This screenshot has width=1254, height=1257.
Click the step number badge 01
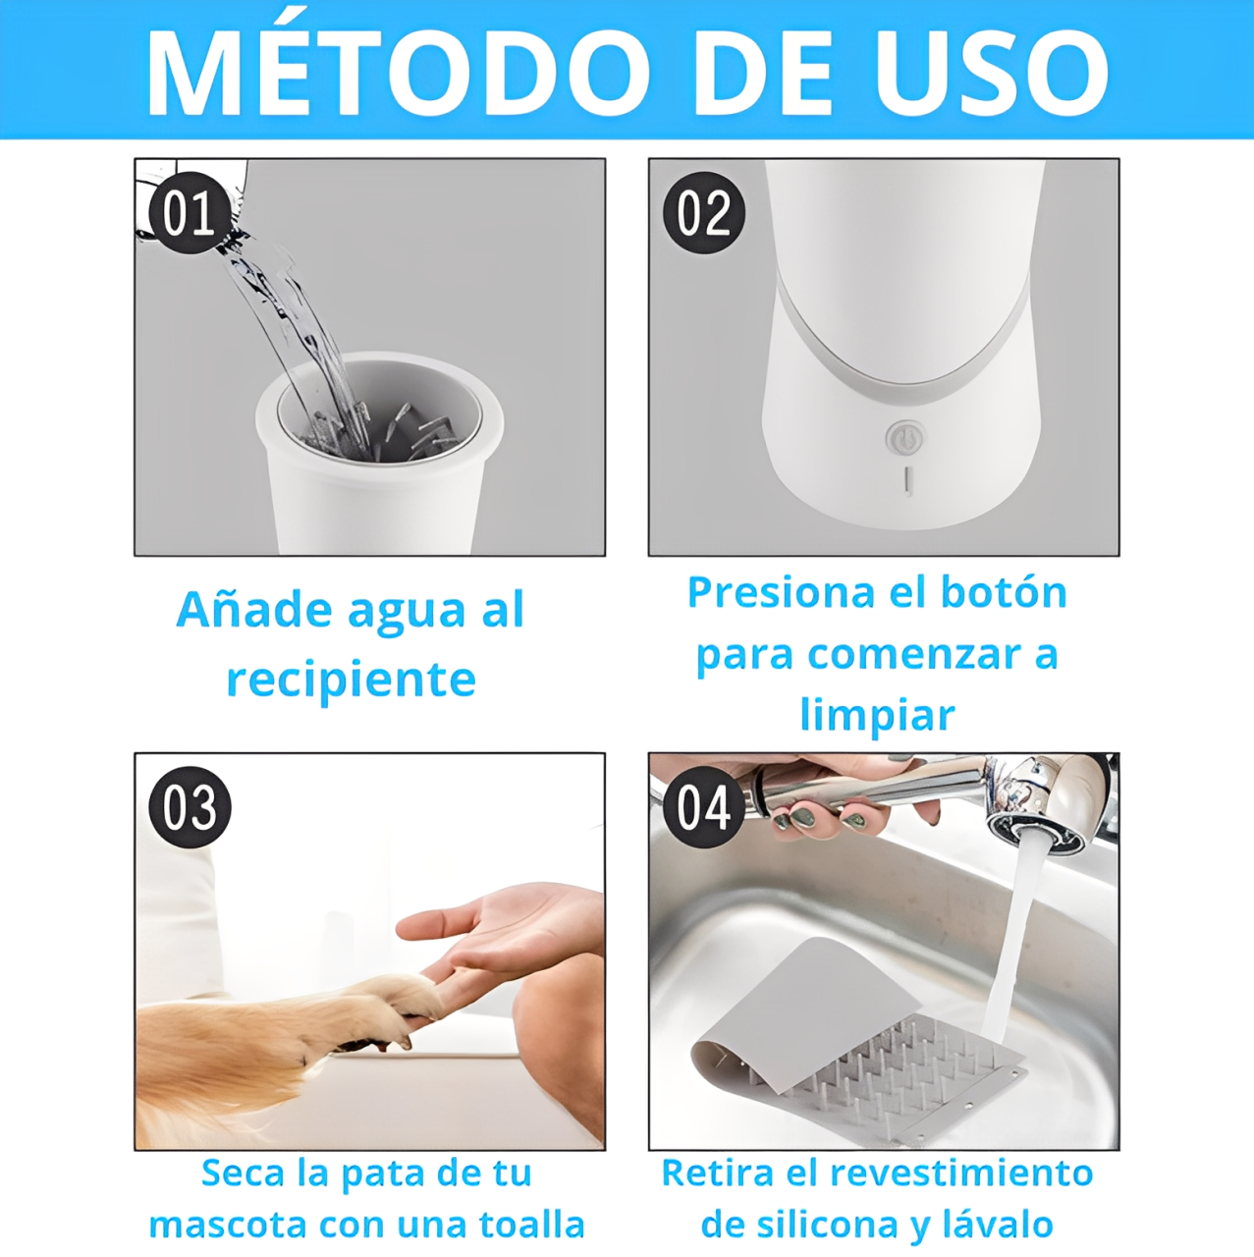click(x=190, y=213)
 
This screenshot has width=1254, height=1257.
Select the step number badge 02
click(x=703, y=213)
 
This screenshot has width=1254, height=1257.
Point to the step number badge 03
click(x=190, y=807)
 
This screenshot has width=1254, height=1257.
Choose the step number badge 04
click(x=703, y=807)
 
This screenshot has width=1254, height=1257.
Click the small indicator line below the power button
click(x=907, y=481)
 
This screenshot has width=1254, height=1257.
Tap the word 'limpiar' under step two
click(x=878, y=716)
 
